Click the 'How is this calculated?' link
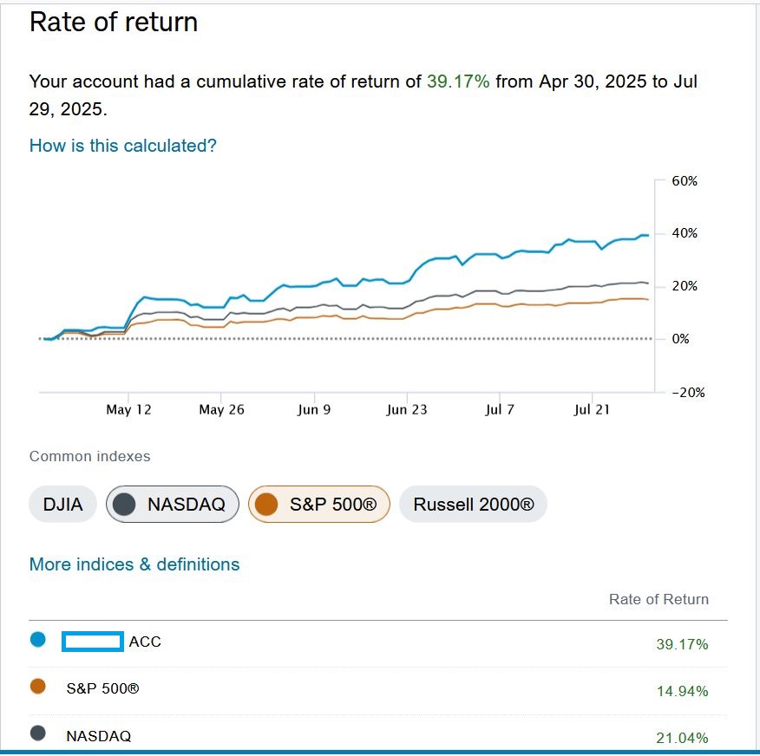(122, 146)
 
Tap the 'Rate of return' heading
(114, 23)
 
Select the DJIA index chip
(62, 505)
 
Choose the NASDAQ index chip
(173, 505)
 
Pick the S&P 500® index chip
(319, 505)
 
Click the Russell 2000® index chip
(473, 505)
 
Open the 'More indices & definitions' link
(134, 564)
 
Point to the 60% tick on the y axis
(685, 181)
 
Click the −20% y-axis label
(688, 392)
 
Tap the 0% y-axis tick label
(680, 339)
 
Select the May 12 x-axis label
(128, 410)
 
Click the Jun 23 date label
(407, 410)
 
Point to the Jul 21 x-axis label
(592, 410)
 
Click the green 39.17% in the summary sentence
(458, 81)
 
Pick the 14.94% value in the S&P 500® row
(683, 691)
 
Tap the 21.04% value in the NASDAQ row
(683, 738)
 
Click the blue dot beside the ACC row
(38, 639)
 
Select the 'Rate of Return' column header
(658, 599)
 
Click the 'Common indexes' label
(89, 456)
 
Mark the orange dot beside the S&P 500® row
(38, 687)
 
